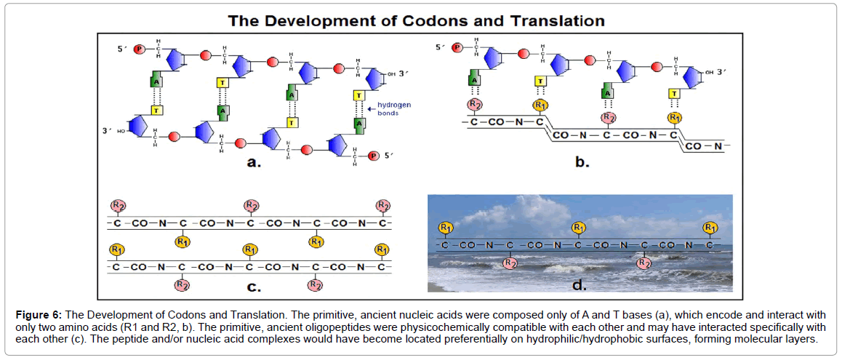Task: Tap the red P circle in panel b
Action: click(x=457, y=48)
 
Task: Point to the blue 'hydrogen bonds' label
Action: click(x=392, y=108)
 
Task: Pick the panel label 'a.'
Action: click(x=254, y=163)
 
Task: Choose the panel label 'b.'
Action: click(x=582, y=163)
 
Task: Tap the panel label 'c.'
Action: click(x=254, y=287)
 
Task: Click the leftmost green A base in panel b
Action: click(x=473, y=81)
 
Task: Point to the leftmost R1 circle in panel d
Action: click(x=445, y=229)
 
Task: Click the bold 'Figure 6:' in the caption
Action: click(x=40, y=314)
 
